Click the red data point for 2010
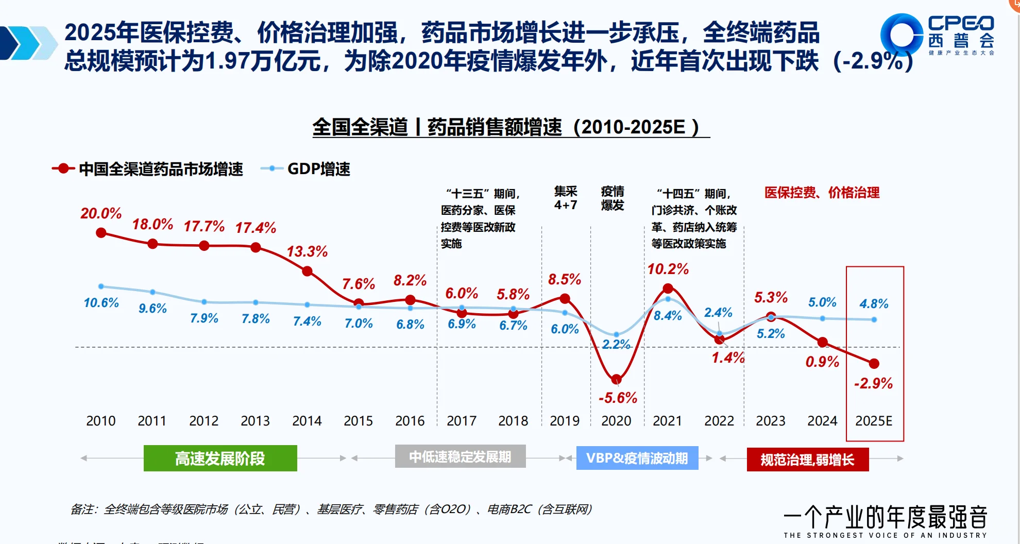pyautogui.click(x=101, y=233)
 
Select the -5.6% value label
pyautogui.click(x=618, y=398)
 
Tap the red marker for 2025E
pyautogui.click(x=874, y=364)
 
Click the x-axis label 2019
pyautogui.click(x=565, y=421)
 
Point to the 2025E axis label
pyautogui.click(x=874, y=421)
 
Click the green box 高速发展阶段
pyautogui.click(x=220, y=458)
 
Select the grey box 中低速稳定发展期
pyautogui.click(x=460, y=456)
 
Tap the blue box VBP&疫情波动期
pyautogui.click(x=637, y=458)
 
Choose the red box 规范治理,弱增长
pyautogui.click(x=807, y=459)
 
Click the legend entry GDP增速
pyautogui.click(x=318, y=169)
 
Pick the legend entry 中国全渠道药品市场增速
pyautogui.click(x=160, y=169)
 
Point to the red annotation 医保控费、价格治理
pyautogui.click(x=822, y=193)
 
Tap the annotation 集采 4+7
pyautogui.click(x=565, y=198)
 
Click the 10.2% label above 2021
pyautogui.click(x=668, y=269)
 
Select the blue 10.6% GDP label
pyautogui.click(x=101, y=302)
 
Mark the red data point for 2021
pyautogui.click(x=668, y=288)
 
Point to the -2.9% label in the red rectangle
pyautogui.click(x=873, y=383)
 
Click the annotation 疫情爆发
pyautogui.click(x=613, y=198)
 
